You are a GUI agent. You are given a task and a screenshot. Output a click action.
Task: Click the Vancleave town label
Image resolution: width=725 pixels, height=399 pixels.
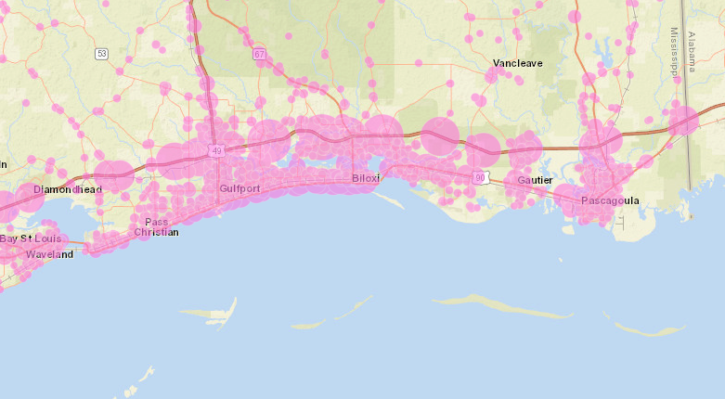tap(517, 63)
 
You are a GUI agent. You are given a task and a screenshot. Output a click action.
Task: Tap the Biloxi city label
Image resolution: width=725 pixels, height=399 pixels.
tap(367, 178)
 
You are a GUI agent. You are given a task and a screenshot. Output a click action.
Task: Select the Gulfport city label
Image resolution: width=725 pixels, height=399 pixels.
tap(240, 188)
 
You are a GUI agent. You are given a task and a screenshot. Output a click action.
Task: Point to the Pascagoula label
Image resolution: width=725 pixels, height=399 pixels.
tap(610, 200)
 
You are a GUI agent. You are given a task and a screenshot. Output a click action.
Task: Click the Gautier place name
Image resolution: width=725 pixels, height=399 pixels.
tap(536, 179)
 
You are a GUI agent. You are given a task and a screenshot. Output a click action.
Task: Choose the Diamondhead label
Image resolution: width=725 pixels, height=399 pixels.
tap(67, 189)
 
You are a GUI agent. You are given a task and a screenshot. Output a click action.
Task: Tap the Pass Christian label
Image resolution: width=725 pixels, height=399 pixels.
tap(156, 227)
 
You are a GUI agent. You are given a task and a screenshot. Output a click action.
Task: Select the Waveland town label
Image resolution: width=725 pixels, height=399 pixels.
tap(49, 254)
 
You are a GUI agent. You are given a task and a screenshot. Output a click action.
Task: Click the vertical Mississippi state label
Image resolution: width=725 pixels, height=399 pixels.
tap(675, 51)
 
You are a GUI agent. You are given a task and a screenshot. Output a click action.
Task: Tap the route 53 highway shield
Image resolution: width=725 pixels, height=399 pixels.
tap(101, 54)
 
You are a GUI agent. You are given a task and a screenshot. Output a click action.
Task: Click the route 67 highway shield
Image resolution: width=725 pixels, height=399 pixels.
tap(259, 54)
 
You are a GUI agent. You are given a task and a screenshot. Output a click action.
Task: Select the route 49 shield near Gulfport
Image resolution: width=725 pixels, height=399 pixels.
tap(216, 150)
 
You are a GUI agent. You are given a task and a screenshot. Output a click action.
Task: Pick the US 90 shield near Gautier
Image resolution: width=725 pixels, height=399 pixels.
tap(479, 176)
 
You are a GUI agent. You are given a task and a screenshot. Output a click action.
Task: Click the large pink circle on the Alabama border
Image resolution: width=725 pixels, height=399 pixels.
tap(683, 121)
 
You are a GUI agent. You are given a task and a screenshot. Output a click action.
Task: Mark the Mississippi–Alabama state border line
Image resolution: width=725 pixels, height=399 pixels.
tap(688, 167)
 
